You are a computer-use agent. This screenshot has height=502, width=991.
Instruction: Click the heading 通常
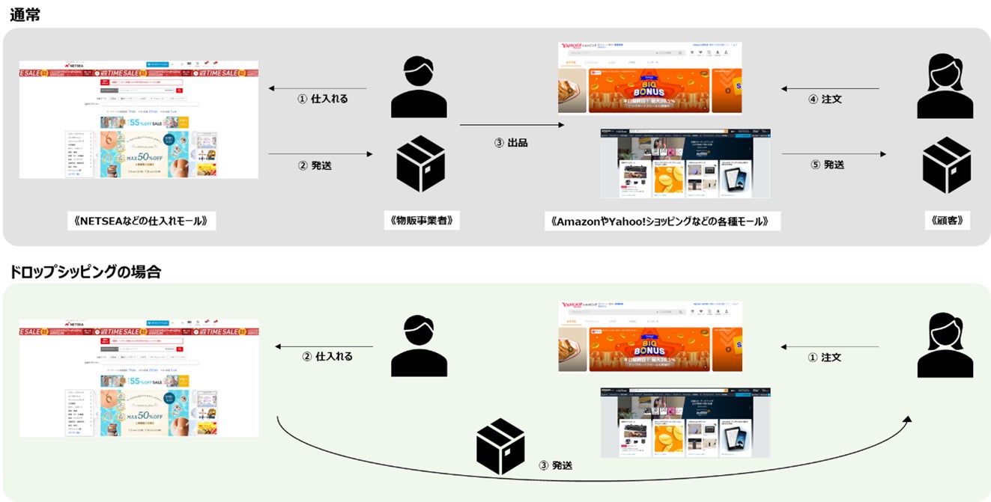25,14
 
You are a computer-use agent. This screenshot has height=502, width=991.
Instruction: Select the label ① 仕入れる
323,98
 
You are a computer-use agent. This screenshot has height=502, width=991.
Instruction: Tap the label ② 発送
315,165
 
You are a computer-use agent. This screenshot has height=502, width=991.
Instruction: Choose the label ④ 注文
826,99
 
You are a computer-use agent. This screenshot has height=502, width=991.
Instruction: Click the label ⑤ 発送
828,165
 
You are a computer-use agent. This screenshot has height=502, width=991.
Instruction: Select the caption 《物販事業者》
421,220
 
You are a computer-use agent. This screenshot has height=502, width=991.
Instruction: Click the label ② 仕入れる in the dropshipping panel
327,356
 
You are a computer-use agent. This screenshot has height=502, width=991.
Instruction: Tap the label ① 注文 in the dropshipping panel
824,357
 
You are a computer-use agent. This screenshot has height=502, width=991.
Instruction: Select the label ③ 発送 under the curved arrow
555,465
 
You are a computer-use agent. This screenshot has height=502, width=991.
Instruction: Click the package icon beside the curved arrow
500,446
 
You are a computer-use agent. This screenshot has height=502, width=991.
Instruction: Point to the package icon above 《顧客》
946,165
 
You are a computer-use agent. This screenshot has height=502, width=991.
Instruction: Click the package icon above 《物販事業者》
420,164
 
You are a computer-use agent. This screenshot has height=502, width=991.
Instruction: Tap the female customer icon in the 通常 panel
945,87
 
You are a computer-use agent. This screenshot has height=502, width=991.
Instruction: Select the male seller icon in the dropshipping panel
419,345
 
